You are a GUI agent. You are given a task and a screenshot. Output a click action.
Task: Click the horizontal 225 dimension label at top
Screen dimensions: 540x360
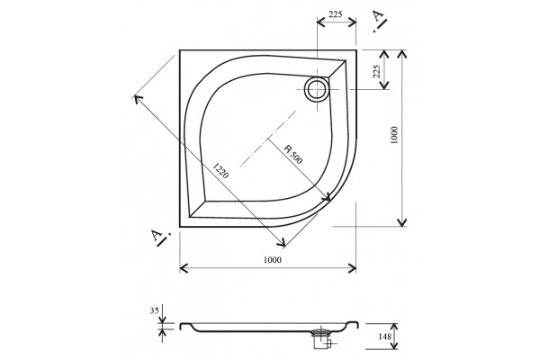tap(335, 14)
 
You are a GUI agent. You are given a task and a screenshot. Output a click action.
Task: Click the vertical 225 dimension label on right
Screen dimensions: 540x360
tap(377, 71)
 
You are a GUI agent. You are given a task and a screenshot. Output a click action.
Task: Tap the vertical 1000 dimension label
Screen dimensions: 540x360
tap(395, 135)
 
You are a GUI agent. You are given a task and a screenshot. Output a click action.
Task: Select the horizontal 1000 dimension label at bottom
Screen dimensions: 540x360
tap(273, 259)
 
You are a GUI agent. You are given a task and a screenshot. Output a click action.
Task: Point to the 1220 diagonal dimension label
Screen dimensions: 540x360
tap(220, 170)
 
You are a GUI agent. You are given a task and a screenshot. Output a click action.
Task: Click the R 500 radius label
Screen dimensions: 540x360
tap(293, 154)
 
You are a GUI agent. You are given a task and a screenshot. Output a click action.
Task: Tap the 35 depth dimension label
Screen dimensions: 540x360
tap(154, 310)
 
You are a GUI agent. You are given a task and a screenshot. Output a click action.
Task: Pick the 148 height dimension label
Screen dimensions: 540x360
tap(384, 336)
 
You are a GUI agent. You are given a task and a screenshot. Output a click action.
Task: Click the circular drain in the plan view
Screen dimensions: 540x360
tap(317, 89)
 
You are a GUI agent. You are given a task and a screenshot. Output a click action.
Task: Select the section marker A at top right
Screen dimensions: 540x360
tap(379, 20)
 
